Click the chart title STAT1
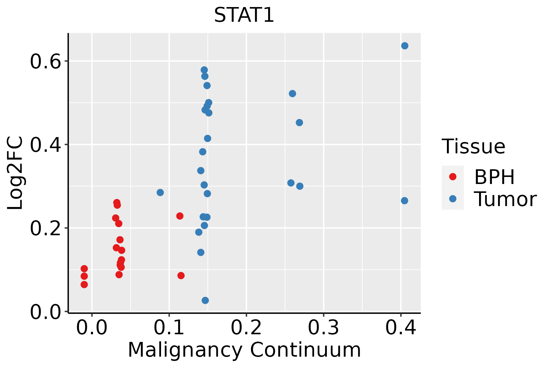click(244, 15)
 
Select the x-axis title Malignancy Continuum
click(244, 350)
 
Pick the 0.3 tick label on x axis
click(323, 328)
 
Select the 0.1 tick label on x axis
click(169, 328)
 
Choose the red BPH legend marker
click(452, 177)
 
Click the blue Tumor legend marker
click(452, 199)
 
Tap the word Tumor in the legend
click(505, 199)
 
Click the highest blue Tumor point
click(405, 46)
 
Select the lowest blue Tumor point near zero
click(205, 300)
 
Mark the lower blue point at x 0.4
click(404, 201)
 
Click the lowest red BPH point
click(84, 285)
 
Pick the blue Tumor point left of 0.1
click(160, 193)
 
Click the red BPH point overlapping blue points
click(180, 216)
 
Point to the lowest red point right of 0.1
click(181, 275)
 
